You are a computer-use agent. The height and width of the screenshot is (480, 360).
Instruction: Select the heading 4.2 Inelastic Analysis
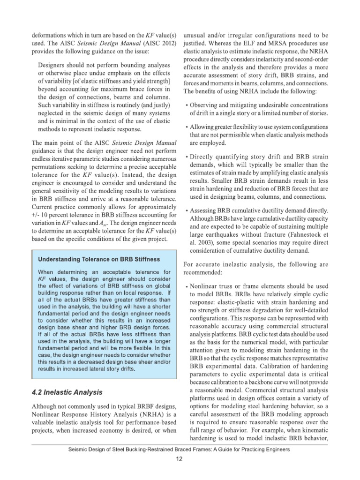[x=67, y=391]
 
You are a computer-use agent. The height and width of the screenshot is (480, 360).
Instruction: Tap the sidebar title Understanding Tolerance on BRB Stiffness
[x=99, y=259]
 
